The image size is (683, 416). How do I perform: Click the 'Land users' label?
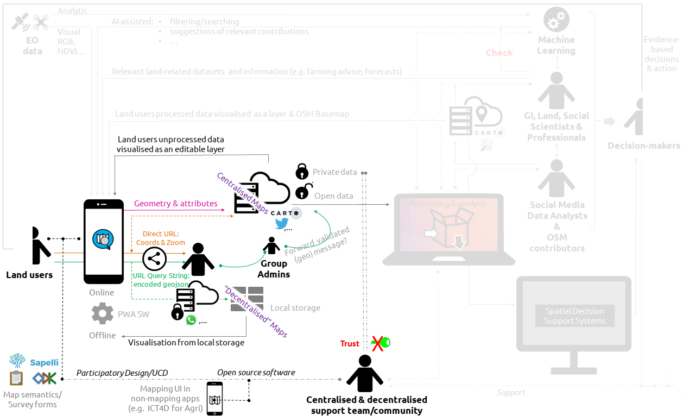(29, 275)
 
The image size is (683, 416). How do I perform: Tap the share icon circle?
(155, 259)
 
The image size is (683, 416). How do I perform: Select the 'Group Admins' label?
(274, 269)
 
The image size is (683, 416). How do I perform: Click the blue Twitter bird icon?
(281, 224)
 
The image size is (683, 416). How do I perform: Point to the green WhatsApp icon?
(191, 320)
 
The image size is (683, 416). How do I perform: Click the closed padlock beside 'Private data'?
(302, 172)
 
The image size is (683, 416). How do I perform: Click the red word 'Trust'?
(350, 343)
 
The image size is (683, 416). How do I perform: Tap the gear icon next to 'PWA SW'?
(103, 314)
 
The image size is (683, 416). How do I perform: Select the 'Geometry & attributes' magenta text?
(176, 204)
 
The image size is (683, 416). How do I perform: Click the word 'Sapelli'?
(44, 362)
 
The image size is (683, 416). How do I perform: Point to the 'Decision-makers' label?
(643, 146)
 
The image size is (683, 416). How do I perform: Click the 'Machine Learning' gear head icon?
(556, 20)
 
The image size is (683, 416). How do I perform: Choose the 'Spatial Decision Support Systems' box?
(574, 316)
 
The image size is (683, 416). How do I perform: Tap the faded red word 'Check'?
(499, 53)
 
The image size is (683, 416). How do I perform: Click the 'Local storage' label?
(295, 308)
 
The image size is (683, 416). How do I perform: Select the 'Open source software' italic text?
(256, 373)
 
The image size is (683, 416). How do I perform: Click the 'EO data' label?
(33, 46)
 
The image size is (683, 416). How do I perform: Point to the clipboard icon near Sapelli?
(17, 378)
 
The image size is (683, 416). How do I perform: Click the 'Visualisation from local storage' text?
(186, 343)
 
